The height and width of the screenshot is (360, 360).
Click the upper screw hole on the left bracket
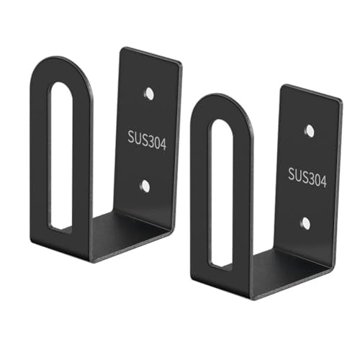tap(149, 94)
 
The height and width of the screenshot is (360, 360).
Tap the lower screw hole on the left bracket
tap(145, 186)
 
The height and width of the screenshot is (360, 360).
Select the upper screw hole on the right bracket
tap(310, 130)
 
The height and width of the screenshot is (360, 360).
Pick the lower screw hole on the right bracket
tap(306, 222)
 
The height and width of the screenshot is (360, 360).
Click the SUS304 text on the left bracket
tap(147, 140)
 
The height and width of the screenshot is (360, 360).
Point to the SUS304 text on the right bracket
tap(307, 178)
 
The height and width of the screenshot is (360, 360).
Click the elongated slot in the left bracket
tap(60, 157)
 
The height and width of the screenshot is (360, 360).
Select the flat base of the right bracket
tap(290, 272)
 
